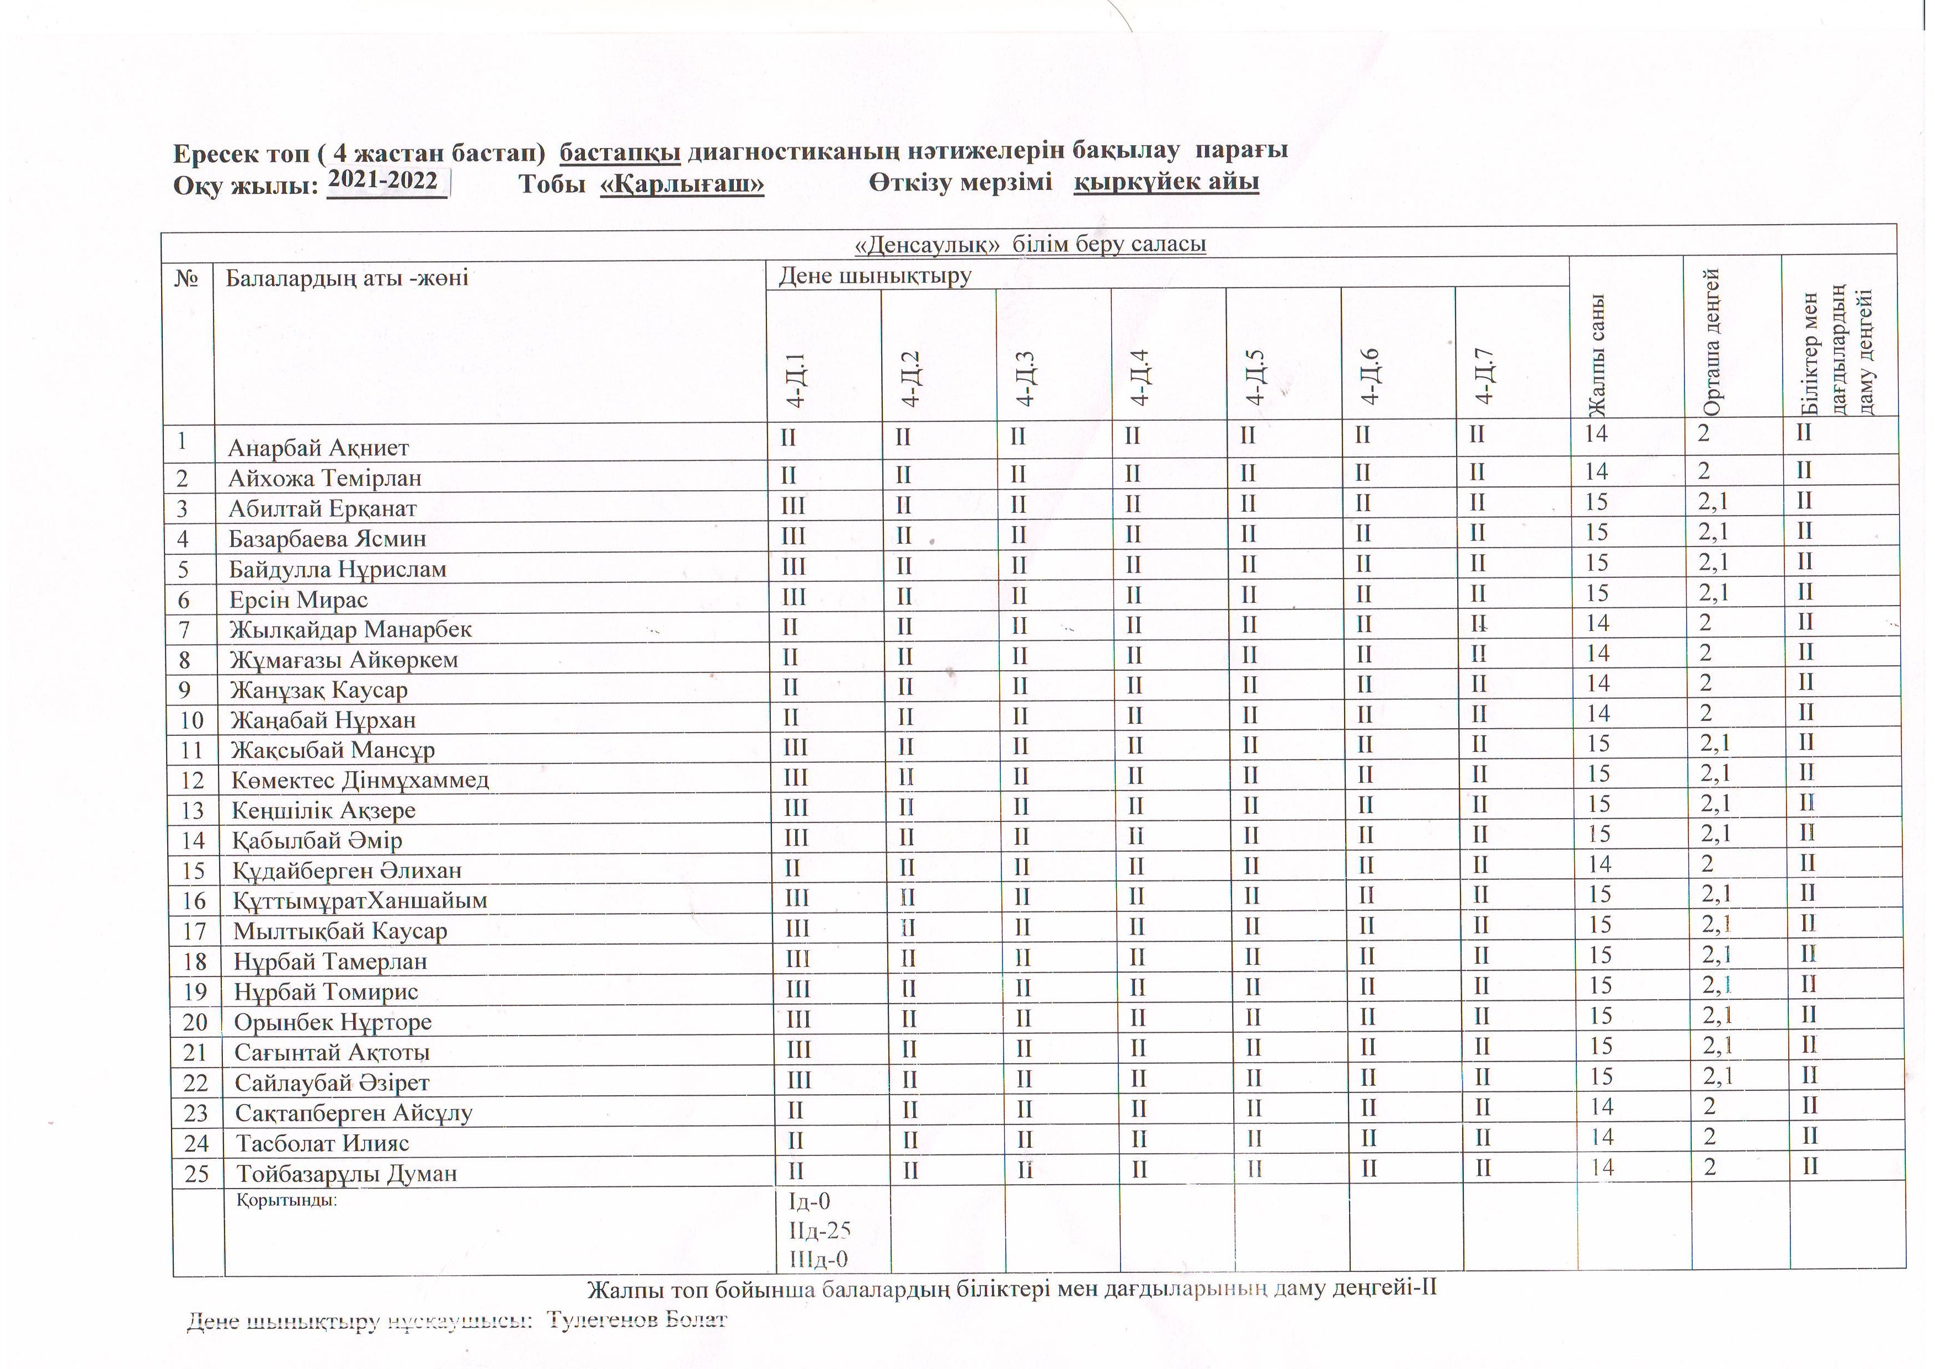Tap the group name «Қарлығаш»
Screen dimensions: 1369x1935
pos(682,184)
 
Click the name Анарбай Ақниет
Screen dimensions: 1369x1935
pos(318,448)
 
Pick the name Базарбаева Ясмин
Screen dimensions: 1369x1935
pos(327,539)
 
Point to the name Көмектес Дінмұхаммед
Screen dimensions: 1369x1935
pos(360,780)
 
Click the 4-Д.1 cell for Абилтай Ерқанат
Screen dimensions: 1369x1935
pos(793,506)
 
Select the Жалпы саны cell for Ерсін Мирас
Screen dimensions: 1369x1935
pos(1597,593)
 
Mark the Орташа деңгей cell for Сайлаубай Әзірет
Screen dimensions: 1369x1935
pos(1718,1076)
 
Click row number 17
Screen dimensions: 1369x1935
pos(195,931)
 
